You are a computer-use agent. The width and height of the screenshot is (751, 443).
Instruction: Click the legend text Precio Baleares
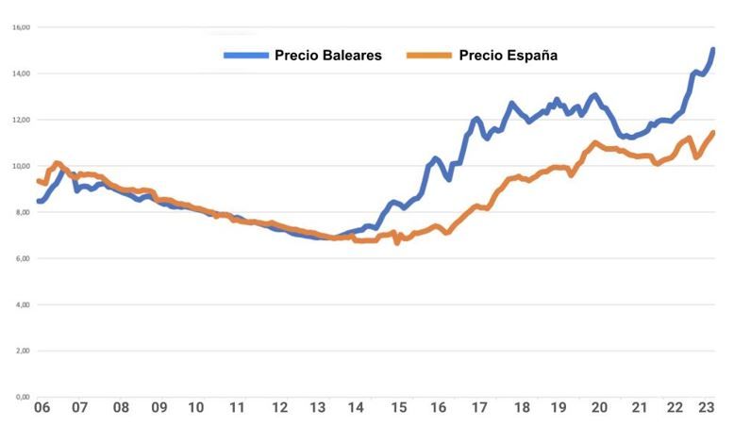(327, 56)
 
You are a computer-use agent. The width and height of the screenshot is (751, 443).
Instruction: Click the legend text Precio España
(508, 56)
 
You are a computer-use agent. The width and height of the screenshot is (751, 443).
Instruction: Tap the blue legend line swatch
(245, 56)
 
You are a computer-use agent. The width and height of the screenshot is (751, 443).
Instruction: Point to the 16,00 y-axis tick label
(21, 27)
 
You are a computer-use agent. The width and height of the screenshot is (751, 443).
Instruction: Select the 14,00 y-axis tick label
(21, 74)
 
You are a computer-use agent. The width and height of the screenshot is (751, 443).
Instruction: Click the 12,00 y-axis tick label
(21, 120)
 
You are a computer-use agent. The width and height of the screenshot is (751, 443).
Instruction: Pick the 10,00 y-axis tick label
(21, 166)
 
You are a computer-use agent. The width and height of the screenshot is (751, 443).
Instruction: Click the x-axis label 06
(42, 408)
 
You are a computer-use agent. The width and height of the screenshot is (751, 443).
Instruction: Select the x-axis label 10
(196, 408)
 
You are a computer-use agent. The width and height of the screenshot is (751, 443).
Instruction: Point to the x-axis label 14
(356, 408)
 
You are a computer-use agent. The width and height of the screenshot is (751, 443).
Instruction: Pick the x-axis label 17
(479, 408)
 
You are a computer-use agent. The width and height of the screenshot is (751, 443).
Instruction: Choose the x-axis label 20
(599, 408)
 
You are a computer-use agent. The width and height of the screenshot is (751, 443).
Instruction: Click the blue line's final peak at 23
(713, 49)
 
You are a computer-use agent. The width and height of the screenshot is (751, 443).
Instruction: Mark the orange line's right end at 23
(713, 132)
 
